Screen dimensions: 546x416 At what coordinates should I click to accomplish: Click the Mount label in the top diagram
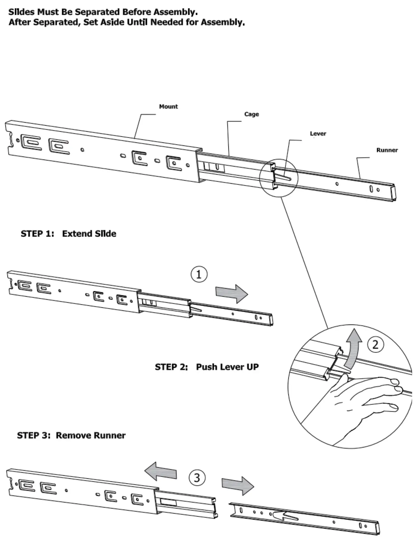point(168,106)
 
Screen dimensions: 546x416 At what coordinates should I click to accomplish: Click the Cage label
point(251,114)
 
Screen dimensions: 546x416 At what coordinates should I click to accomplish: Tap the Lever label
point(318,133)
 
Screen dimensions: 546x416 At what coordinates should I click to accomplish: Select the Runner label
point(387,150)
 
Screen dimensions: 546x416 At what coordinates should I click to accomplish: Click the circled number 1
point(199,274)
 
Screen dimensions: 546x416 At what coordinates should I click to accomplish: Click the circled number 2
point(375,344)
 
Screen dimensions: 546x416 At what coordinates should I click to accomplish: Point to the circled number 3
point(197,477)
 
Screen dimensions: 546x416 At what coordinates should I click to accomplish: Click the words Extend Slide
point(89,234)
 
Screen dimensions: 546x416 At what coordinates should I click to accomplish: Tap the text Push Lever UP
point(227,367)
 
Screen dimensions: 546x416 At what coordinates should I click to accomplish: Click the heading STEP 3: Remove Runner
point(71,435)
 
